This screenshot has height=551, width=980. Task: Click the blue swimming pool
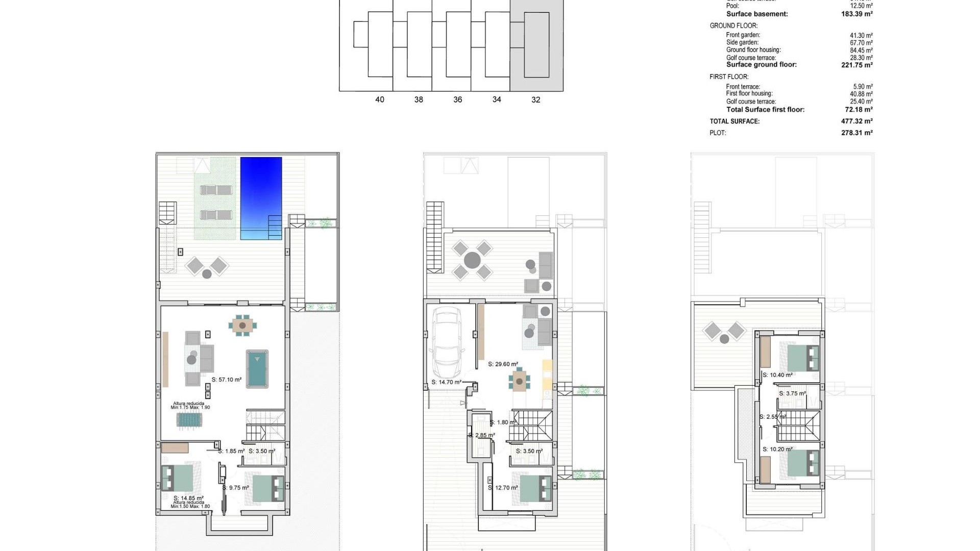click(261, 198)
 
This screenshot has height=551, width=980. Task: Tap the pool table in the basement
click(257, 369)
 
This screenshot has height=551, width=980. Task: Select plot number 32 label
click(535, 100)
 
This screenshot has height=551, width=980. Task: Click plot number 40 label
click(379, 100)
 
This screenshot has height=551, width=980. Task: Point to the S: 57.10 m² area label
click(227, 380)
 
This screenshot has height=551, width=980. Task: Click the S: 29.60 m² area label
click(503, 364)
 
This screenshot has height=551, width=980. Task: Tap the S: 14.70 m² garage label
click(446, 382)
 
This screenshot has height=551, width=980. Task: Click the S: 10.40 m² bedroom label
click(777, 375)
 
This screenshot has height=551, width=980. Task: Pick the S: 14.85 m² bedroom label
click(188, 498)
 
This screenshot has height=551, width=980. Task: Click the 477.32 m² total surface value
click(856, 121)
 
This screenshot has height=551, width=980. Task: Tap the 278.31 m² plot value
click(856, 133)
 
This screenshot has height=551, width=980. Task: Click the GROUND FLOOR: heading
click(733, 26)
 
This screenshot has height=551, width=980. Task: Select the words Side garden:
click(742, 42)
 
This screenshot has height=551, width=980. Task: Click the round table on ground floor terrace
click(472, 260)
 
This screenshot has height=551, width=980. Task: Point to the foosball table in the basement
click(189, 420)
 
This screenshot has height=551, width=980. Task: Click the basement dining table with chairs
click(242, 325)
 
